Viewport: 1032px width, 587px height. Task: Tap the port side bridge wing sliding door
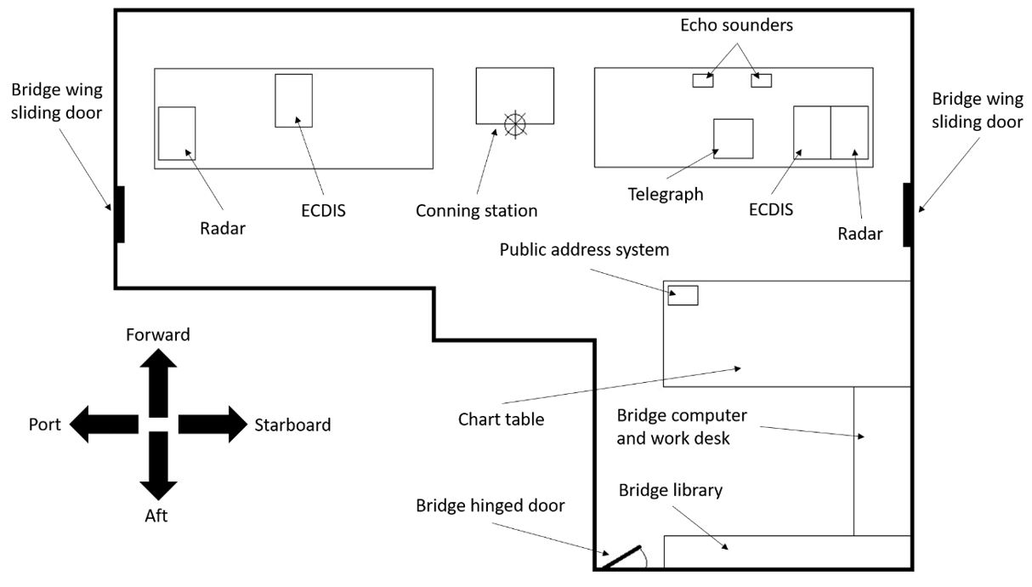[120, 214]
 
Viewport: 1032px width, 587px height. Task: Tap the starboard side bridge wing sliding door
[908, 214]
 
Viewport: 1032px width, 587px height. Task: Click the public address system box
[683, 295]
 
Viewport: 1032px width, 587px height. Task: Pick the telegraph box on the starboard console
[733, 139]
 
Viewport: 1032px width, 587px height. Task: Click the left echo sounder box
[702, 81]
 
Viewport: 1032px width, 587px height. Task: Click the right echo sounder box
[761, 81]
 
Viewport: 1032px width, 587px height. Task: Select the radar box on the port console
[177, 133]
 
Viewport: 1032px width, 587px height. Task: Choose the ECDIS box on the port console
[293, 100]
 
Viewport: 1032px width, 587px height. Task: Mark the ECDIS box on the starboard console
[812, 133]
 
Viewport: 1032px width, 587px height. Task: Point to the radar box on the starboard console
[849, 133]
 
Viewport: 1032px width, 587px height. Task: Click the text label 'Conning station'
[476, 210]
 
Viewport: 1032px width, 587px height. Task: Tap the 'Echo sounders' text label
[736, 26]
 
